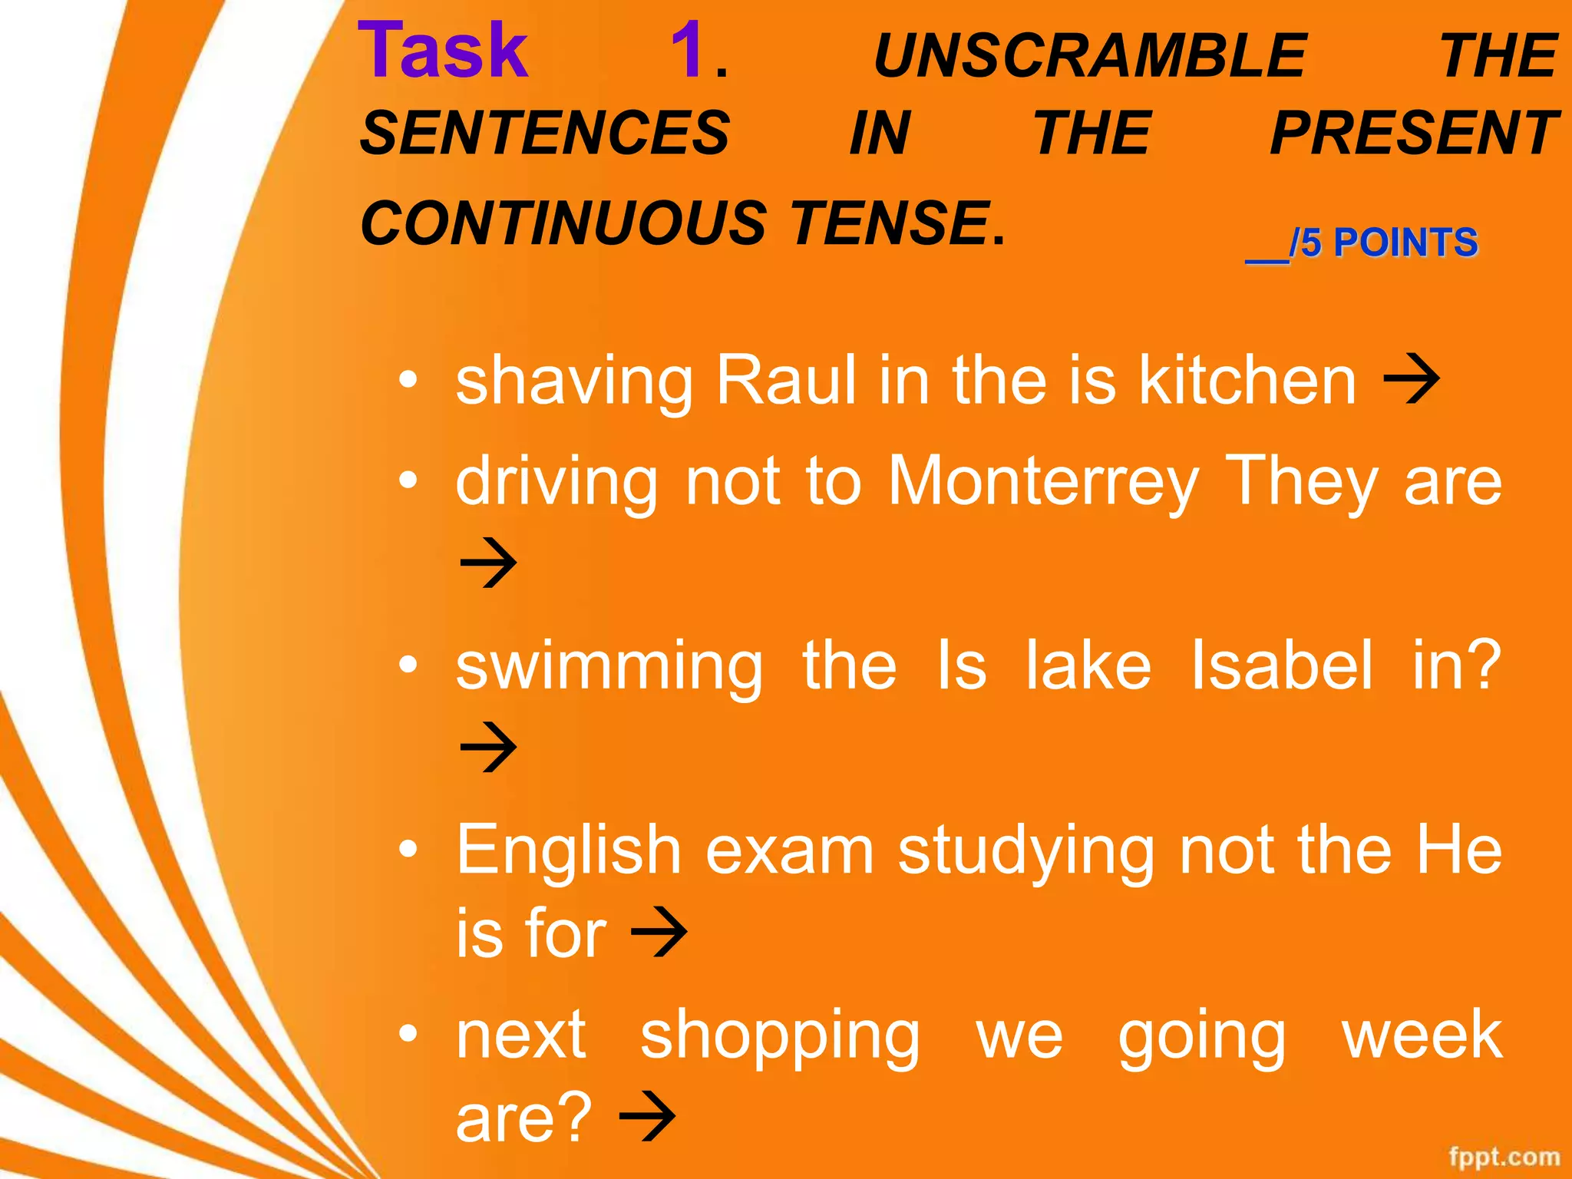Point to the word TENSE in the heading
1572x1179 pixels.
pyautogui.click(x=890, y=223)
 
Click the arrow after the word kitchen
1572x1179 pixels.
pyautogui.click(x=1411, y=378)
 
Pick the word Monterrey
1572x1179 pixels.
pyautogui.click(x=1043, y=481)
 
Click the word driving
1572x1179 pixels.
pyautogui.click(x=556, y=483)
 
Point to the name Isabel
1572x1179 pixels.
pyautogui.click(x=1281, y=665)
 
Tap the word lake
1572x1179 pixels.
pyautogui.click(x=1088, y=665)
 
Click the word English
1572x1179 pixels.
pyautogui.click(x=569, y=850)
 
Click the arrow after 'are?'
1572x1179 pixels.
pyautogui.click(x=647, y=1117)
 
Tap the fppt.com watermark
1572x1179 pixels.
pyautogui.click(x=1504, y=1157)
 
